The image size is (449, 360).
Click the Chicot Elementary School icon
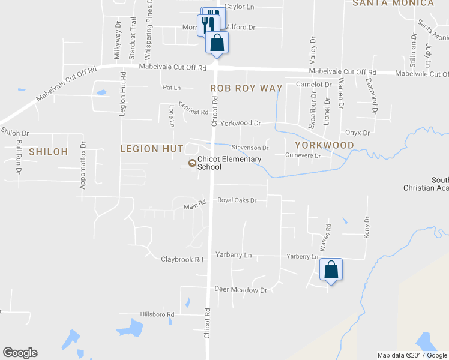pos(192,163)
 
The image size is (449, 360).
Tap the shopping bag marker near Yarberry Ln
pos(331,269)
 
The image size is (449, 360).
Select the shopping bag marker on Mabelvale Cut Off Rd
pos(217,43)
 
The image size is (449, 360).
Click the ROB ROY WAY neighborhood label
pos(246,88)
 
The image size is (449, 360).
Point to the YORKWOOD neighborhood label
pos(324,145)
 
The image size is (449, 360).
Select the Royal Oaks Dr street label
pos(237,200)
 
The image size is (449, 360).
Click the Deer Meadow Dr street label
pos(240,290)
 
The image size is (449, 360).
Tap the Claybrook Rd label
pos(182,260)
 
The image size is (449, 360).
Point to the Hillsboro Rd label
pos(157,314)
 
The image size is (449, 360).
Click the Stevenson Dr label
pos(250,148)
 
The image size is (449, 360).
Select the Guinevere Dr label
pos(303,156)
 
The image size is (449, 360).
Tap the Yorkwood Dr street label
pos(240,123)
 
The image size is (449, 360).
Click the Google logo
pos(20,353)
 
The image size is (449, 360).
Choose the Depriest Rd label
pos(193,112)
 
